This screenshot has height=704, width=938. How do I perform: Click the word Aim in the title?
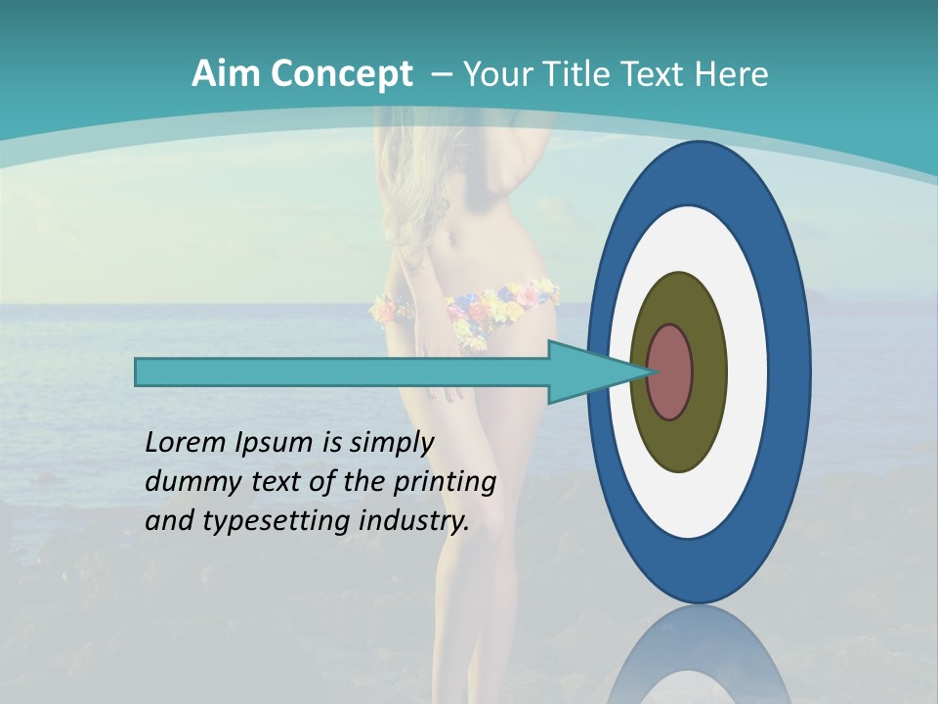[x=226, y=73]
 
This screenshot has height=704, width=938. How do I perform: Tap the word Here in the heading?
[x=732, y=73]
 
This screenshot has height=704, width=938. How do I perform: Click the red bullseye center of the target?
[x=670, y=373]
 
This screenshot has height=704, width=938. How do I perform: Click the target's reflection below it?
[x=700, y=655]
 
